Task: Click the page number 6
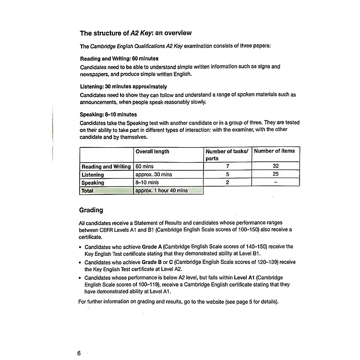pos(79,353)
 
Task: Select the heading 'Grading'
pos(91,210)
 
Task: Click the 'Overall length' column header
pos(152,151)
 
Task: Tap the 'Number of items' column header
pos(274,151)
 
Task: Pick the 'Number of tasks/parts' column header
pos(227,155)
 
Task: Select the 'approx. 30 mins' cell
pos(154,175)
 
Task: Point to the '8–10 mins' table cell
pos(147,183)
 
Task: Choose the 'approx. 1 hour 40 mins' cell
pos(161,191)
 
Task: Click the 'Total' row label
pos(87,191)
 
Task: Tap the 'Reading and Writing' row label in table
pos(106,167)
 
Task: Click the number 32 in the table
pos(275,167)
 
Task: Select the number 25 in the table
pos(275,175)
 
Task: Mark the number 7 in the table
pos(228,167)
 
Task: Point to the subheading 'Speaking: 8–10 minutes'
pos(108,115)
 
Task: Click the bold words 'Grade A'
pos(150,247)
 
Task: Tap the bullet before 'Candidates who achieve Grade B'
pos(80,263)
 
